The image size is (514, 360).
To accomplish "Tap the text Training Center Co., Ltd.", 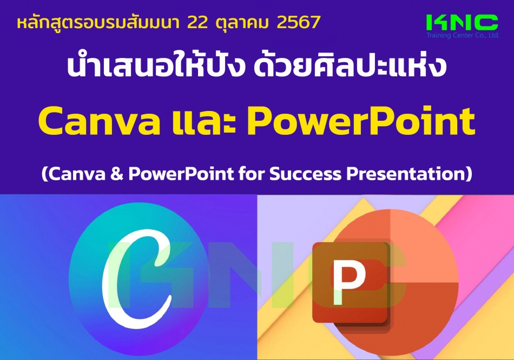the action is [463, 35].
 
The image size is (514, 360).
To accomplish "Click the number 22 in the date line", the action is [197, 22].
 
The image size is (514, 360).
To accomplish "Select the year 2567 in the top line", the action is [299, 22].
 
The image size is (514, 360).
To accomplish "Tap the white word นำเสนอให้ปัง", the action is [156, 67].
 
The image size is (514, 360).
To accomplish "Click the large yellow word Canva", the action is [100, 121].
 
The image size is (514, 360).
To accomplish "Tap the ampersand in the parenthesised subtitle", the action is [117, 173].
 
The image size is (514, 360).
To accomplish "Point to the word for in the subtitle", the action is [252, 173].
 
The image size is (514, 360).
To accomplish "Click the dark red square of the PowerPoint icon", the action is [351, 283].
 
